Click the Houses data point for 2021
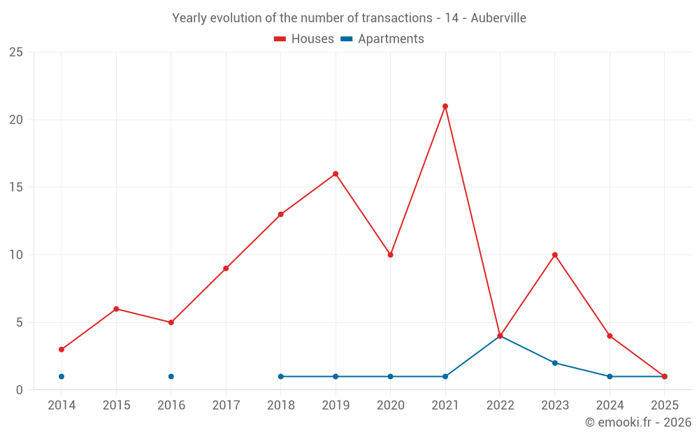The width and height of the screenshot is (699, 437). point(445,106)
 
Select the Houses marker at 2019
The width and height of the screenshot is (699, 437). point(336,174)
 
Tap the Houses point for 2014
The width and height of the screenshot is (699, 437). point(62,350)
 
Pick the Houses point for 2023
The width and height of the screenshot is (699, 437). point(555,255)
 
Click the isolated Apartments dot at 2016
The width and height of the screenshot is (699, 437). point(171,377)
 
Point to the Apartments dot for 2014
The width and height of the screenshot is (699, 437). point(62,377)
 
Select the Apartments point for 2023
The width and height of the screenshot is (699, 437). point(555,363)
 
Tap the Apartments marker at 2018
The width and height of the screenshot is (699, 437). point(281,377)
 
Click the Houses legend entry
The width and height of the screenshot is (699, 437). point(304,39)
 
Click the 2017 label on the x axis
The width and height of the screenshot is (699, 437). point(226,405)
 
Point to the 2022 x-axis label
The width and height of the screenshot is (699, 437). point(500,405)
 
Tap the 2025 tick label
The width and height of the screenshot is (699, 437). point(664,405)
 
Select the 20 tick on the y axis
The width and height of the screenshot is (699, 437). point(16,120)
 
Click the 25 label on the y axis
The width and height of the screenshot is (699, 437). point(16,52)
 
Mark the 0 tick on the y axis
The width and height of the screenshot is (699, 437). point(20,390)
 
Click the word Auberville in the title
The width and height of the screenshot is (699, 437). point(498,18)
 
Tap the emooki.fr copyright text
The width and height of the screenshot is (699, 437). point(638,422)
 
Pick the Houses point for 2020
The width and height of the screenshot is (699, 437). point(390,255)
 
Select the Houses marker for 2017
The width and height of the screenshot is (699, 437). point(226,268)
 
